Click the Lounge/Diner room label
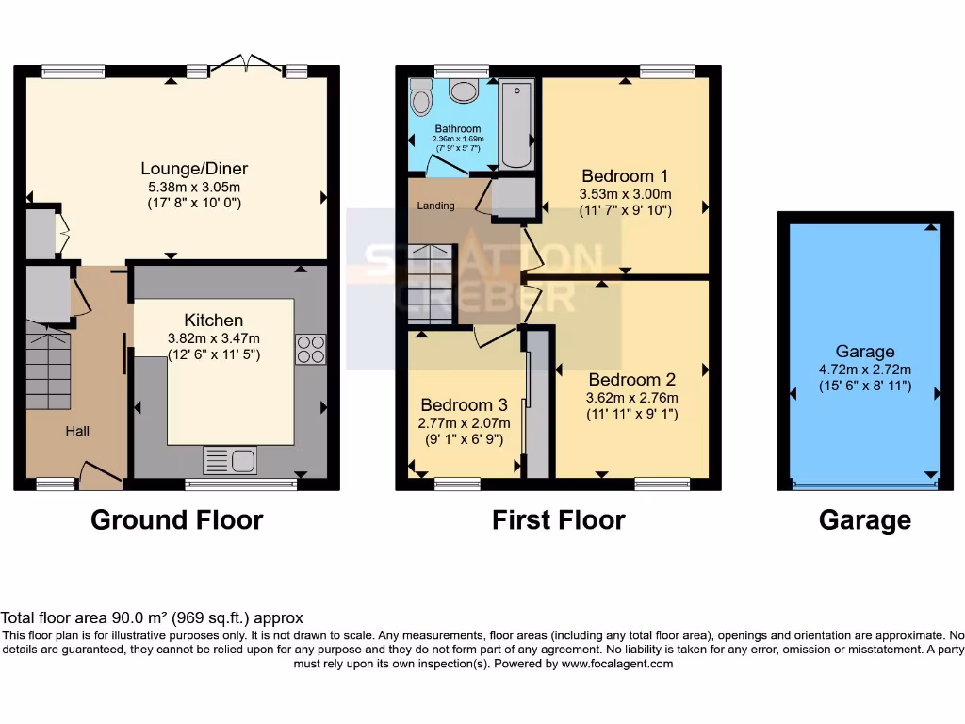pos(194,169)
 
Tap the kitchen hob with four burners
pos(311,349)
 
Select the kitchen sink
pos(230,461)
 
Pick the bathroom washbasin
pos(464,90)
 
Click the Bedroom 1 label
pos(625,175)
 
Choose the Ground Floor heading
pos(176,519)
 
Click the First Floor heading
pos(558,519)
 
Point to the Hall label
pos(77,431)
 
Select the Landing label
pos(435,206)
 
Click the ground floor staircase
pos(47,368)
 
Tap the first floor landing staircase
pos(432,284)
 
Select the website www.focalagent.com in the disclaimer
pos(616,664)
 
